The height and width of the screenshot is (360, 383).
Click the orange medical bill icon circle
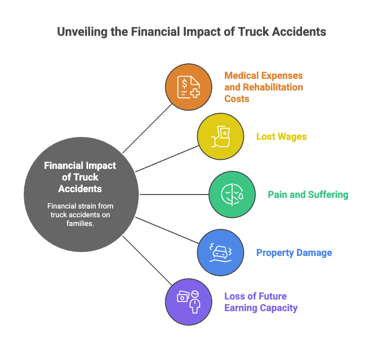pyautogui.click(x=189, y=88)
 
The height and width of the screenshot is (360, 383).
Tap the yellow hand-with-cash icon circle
pyautogui.click(x=220, y=136)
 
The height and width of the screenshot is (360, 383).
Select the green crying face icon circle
pyautogui.click(x=232, y=195)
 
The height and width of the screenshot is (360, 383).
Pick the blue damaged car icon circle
pyautogui.click(x=220, y=252)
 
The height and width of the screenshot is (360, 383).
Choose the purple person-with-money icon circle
pyautogui.click(x=189, y=301)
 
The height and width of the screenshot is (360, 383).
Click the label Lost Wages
pyautogui.click(x=281, y=136)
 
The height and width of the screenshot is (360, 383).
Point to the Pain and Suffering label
pyautogui.click(x=308, y=195)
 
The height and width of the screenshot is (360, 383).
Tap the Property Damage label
pyautogui.click(x=294, y=253)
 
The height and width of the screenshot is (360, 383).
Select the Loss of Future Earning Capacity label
pyautogui.click(x=261, y=302)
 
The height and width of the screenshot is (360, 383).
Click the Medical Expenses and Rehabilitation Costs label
pyautogui.click(x=264, y=87)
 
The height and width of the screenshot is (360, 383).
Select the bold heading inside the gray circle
pyautogui.click(x=80, y=177)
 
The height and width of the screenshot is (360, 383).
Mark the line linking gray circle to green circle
pyautogui.click(x=174, y=195)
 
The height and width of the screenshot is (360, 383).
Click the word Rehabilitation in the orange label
pyautogui.click(x=273, y=87)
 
